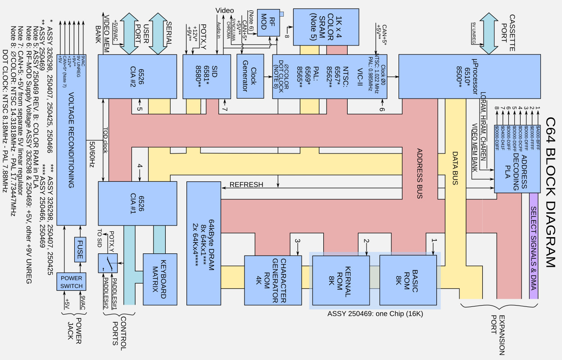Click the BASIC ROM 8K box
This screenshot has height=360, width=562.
pyautogui.click(x=408, y=280)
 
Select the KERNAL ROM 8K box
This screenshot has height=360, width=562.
pyautogui.click(x=341, y=280)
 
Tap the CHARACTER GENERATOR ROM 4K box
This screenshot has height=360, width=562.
pyautogui.click(x=273, y=280)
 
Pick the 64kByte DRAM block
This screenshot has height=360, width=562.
pyautogui.click(x=203, y=243)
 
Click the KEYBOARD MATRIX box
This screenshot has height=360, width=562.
pyautogui.click(x=160, y=279)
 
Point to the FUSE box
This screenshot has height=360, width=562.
pyautogui.click(x=80, y=249)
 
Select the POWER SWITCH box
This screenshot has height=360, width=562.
pyautogui.click(x=71, y=282)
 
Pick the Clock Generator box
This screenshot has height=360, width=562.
pyautogui.click(x=250, y=76)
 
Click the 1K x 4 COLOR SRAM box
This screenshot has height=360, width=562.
pyautogui.click(x=326, y=27)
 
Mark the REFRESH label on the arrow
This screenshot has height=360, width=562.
pyautogui.click(x=246, y=185)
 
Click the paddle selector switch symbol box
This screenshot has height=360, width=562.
pyautogui.click(x=108, y=263)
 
